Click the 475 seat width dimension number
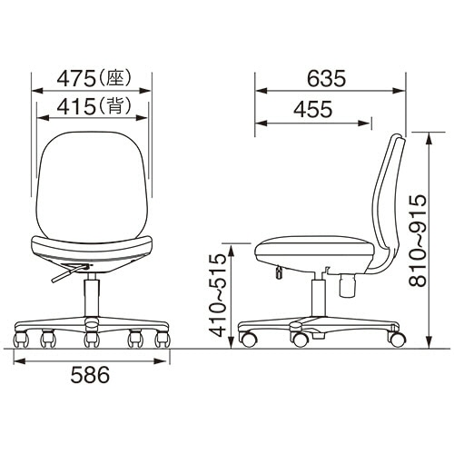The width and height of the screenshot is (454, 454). pos(76,79)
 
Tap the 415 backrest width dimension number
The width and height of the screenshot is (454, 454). pos(76,106)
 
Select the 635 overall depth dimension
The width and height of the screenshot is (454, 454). pos(326,79)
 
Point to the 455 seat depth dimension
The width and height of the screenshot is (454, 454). pos(313,109)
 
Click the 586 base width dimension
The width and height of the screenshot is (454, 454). pos(90,375)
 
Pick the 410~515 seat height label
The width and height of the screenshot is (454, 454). pos(219,296)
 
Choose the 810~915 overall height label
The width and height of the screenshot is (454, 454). pos(418,242)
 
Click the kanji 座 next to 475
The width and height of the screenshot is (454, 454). pos(116,79)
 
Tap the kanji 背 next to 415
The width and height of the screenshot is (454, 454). pos(116,106)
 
